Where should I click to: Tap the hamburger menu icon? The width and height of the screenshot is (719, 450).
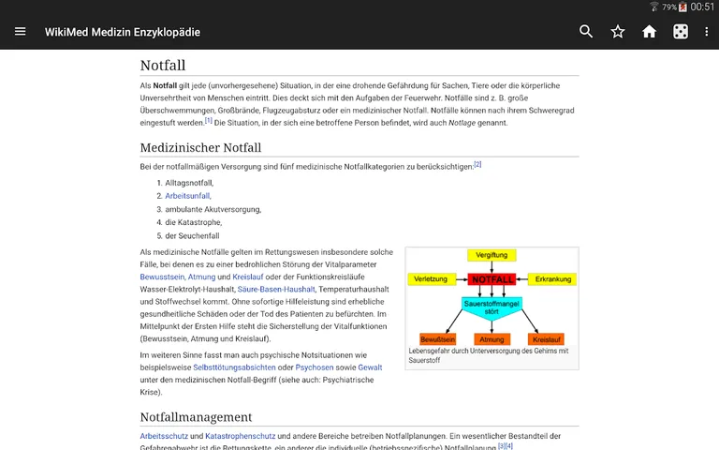tap(20, 32)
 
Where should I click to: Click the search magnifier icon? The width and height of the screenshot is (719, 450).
tap(586, 32)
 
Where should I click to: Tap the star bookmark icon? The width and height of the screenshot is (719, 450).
tap(618, 32)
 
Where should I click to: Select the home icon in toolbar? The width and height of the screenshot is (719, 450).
tap(649, 32)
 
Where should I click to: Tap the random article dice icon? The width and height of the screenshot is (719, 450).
tap(681, 32)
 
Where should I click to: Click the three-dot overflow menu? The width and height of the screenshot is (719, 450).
tap(708, 32)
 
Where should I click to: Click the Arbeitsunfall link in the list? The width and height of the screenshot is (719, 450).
tap(187, 196)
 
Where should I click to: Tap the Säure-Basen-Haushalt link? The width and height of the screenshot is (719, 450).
tap(263, 291)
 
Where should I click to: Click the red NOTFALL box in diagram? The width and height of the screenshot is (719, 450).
tap(492, 279)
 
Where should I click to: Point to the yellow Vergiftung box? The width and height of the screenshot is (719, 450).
tap(492, 255)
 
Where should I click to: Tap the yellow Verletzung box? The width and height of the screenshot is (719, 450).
tap(431, 279)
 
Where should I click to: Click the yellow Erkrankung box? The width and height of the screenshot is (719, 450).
tap(551, 279)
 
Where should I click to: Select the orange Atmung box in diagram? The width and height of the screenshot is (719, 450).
tap(492, 338)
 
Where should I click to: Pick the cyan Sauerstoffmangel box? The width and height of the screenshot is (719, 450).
tap(492, 307)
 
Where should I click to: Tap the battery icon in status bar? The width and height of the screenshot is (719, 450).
tap(682, 7)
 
